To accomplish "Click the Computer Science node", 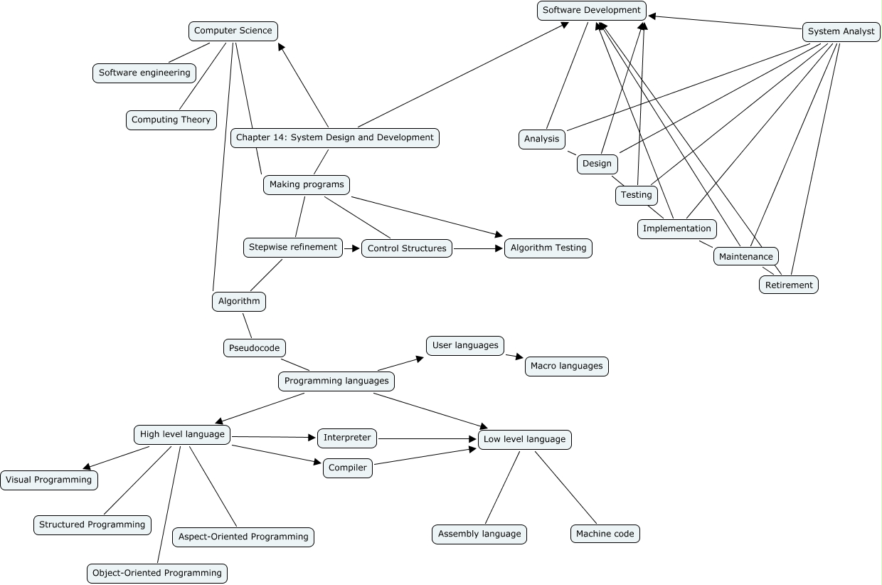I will (x=233, y=31).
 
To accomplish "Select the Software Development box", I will (x=592, y=10).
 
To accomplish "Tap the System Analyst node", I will (x=841, y=31).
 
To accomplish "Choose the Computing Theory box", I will (x=171, y=120).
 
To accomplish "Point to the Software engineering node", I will (x=144, y=73).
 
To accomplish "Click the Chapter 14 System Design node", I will (x=334, y=137).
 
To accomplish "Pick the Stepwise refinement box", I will (x=292, y=247).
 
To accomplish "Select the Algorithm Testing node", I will (x=548, y=248).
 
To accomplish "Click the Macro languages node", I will (x=566, y=366).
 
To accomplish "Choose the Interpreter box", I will (x=347, y=438).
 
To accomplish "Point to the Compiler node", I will (x=348, y=468).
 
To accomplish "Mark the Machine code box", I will (x=605, y=534).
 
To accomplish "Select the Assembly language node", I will (x=479, y=534).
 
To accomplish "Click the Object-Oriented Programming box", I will (x=157, y=573).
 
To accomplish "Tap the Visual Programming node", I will (x=49, y=480).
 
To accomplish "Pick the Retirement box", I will (x=789, y=285).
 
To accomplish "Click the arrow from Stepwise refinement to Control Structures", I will (x=352, y=248).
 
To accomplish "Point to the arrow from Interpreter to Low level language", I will (x=427, y=439).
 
